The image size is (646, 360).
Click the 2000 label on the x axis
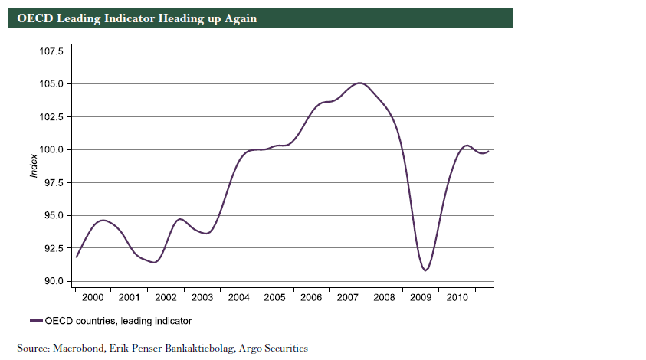(93, 296)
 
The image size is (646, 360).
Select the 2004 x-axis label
(238, 296)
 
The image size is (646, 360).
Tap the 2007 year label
(347, 296)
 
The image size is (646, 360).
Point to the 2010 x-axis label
(457, 296)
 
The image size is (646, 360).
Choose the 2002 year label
(166, 296)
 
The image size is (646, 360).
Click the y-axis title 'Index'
(34, 166)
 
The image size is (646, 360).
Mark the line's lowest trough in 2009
(425, 270)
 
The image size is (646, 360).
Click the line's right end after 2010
(489, 151)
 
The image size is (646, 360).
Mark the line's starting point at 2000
(76, 257)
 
